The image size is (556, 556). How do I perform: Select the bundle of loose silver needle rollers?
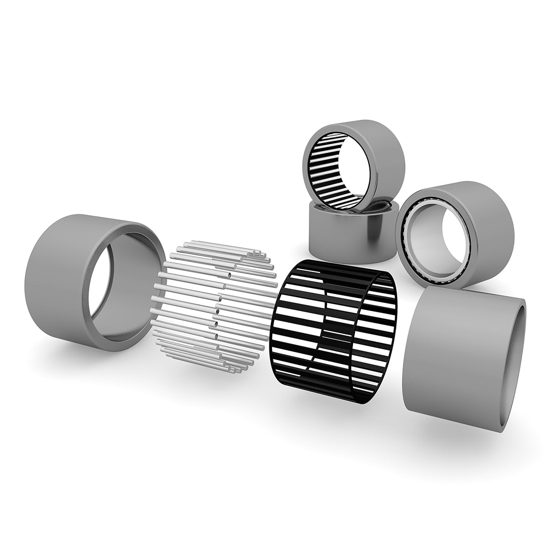click(215, 308)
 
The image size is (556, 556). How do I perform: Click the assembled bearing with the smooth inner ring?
click(455, 233)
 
